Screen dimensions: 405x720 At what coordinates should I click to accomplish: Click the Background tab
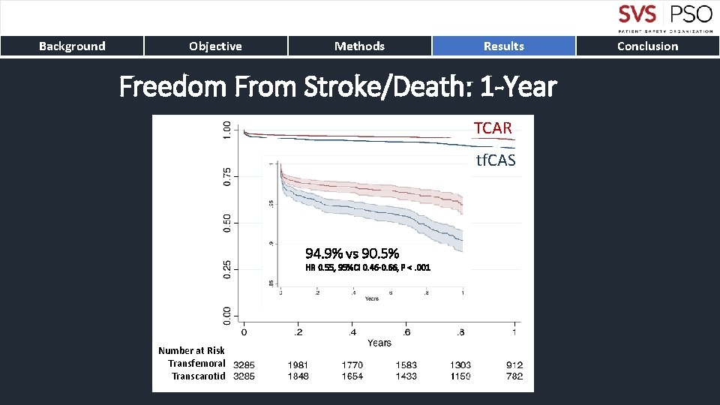pyautogui.click(x=72, y=46)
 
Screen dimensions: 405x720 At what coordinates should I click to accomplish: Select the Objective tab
pyautogui.click(x=215, y=46)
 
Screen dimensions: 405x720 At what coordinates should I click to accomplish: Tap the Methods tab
pyautogui.click(x=359, y=46)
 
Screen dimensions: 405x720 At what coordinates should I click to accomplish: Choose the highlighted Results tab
pyautogui.click(x=503, y=46)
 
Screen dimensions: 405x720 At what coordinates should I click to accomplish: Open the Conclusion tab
pyautogui.click(x=647, y=46)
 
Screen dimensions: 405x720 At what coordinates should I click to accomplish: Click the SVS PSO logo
pyautogui.click(x=664, y=18)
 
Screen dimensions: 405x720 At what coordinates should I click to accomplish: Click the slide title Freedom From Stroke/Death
pyautogui.click(x=337, y=88)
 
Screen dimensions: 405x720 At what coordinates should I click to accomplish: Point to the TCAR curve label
pyautogui.click(x=493, y=128)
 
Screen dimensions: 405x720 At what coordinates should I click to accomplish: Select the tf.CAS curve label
pyautogui.click(x=496, y=160)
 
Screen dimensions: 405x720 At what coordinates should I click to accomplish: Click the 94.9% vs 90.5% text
pyautogui.click(x=352, y=253)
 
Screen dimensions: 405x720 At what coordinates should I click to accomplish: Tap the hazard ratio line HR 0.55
pyautogui.click(x=367, y=268)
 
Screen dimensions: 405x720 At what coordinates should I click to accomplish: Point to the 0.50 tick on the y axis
pyautogui.click(x=227, y=223)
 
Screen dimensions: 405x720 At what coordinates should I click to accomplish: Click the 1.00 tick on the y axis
pyautogui.click(x=227, y=130)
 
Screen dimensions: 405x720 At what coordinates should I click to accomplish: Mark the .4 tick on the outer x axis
pyautogui.click(x=352, y=331)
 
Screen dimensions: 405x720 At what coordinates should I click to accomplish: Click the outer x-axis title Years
pyautogui.click(x=379, y=343)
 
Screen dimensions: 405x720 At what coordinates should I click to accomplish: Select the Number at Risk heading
pyautogui.click(x=191, y=350)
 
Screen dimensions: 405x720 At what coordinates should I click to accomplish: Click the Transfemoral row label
pyautogui.click(x=196, y=364)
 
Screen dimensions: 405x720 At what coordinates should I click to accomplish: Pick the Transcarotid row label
pyautogui.click(x=198, y=376)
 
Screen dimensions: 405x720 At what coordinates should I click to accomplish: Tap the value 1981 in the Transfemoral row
pyautogui.click(x=298, y=364)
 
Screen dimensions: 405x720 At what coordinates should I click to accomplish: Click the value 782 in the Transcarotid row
pyautogui.click(x=514, y=376)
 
